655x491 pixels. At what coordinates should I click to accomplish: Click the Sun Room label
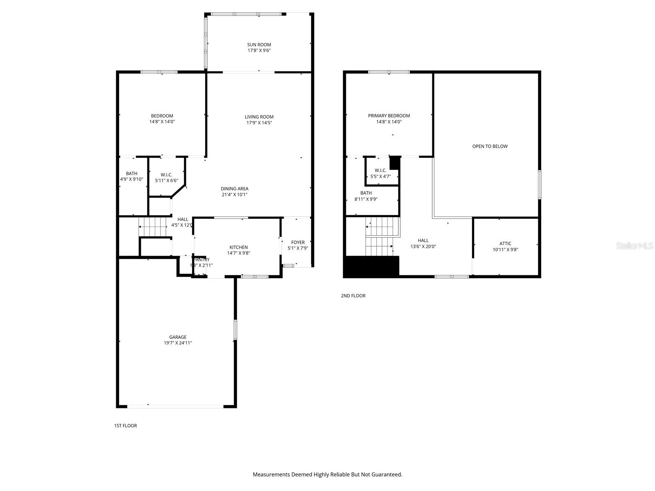259,45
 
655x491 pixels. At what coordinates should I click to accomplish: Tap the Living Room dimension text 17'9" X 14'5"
259,123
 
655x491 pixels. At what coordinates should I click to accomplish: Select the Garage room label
178,337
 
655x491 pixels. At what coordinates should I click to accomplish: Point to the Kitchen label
238,247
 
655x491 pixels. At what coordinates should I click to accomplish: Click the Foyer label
298,242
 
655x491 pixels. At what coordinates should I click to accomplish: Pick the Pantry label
201,259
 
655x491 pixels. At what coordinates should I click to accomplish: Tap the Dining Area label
235,189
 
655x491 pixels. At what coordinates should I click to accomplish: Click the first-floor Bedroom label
162,116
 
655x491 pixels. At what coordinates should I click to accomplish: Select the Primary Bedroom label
388,116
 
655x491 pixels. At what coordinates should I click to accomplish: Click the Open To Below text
490,146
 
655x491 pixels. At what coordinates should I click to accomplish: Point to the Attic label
505,243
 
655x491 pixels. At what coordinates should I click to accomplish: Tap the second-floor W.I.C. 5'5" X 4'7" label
380,173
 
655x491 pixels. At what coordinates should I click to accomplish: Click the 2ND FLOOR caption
353,295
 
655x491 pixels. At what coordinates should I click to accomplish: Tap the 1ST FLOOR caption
125,426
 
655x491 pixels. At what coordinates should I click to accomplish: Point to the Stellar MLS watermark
635,246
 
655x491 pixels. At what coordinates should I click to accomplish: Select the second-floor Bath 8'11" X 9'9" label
366,196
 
